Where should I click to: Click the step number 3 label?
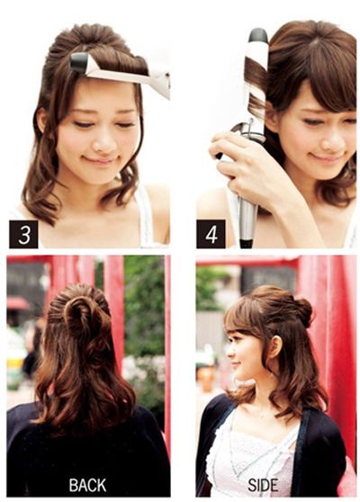pos(23,234)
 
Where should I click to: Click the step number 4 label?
pos(211,234)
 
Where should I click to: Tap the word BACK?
pos(87,485)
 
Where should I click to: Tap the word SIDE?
pos(262,485)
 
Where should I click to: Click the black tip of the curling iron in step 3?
pos(79,62)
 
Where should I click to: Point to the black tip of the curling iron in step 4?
pos(259,35)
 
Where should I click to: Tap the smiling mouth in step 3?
pos(101,159)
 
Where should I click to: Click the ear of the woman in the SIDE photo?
pos(274,350)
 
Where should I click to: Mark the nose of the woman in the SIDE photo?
pos(229,354)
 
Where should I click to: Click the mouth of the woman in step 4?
pos(327,158)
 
